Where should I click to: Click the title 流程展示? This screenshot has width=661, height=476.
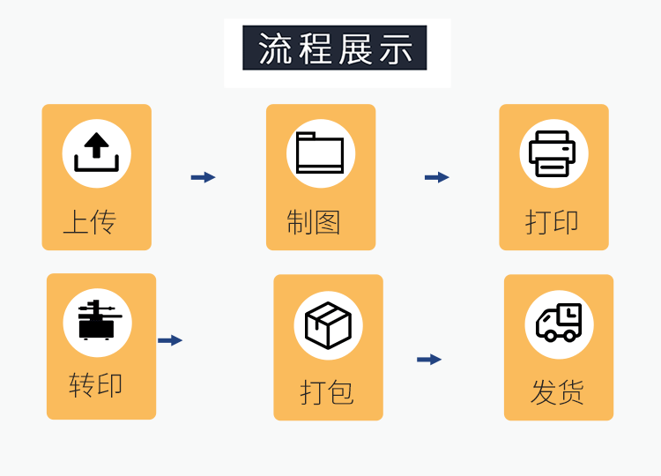[335, 48]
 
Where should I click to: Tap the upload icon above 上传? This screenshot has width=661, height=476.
[96, 153]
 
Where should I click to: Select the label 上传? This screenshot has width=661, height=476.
[89, 221]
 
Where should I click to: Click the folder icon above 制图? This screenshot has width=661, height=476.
[320, 153]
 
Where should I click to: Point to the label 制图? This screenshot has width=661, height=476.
[313, 221]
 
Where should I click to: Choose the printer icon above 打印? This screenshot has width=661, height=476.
[553, 153]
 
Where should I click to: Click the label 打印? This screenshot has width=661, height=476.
[552, 221]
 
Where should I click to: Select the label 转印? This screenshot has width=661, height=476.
[95, 385]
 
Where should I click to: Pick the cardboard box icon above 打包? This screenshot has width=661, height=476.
[328, 325]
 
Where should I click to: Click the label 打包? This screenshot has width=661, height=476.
[326, 391]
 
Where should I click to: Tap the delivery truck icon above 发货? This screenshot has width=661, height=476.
[559, 324]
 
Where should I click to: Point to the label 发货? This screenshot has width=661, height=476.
[557, 391]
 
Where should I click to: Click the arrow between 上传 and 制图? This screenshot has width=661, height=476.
[203, 177]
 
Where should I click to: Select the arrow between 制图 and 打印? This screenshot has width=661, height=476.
[436, 177]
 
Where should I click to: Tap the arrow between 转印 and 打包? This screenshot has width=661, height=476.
[170, 340]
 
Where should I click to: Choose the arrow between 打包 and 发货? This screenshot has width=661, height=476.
[428, 360]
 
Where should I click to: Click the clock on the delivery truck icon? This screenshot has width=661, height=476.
[571, 313]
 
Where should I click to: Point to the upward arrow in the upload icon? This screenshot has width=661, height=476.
[96, 145]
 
